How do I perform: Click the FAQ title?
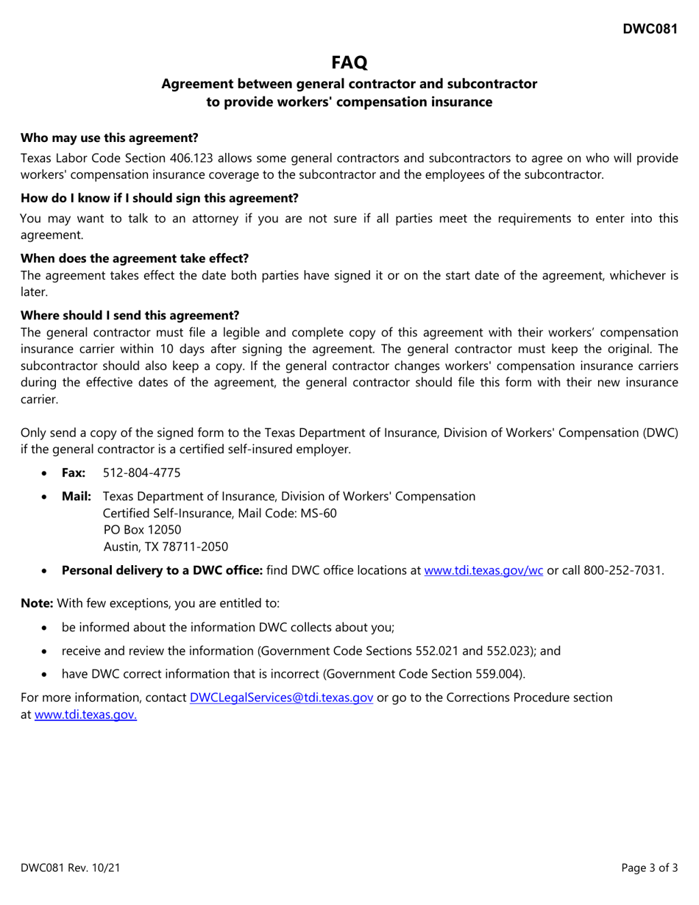pos(349,63)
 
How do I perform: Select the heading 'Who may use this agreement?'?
pos(109,138)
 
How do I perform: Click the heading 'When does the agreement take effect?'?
pos(135,258)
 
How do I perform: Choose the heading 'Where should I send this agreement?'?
pos(129,315)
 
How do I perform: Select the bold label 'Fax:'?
pos(74,472)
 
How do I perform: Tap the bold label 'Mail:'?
pos(77,496)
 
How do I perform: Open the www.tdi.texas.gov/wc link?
pos(484,570)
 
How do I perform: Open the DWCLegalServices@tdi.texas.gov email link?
pos(281,697)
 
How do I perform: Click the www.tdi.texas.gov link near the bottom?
pos(85,714)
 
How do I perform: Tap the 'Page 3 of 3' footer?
pos(650,868)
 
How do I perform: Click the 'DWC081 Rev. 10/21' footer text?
pos(70,868)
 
